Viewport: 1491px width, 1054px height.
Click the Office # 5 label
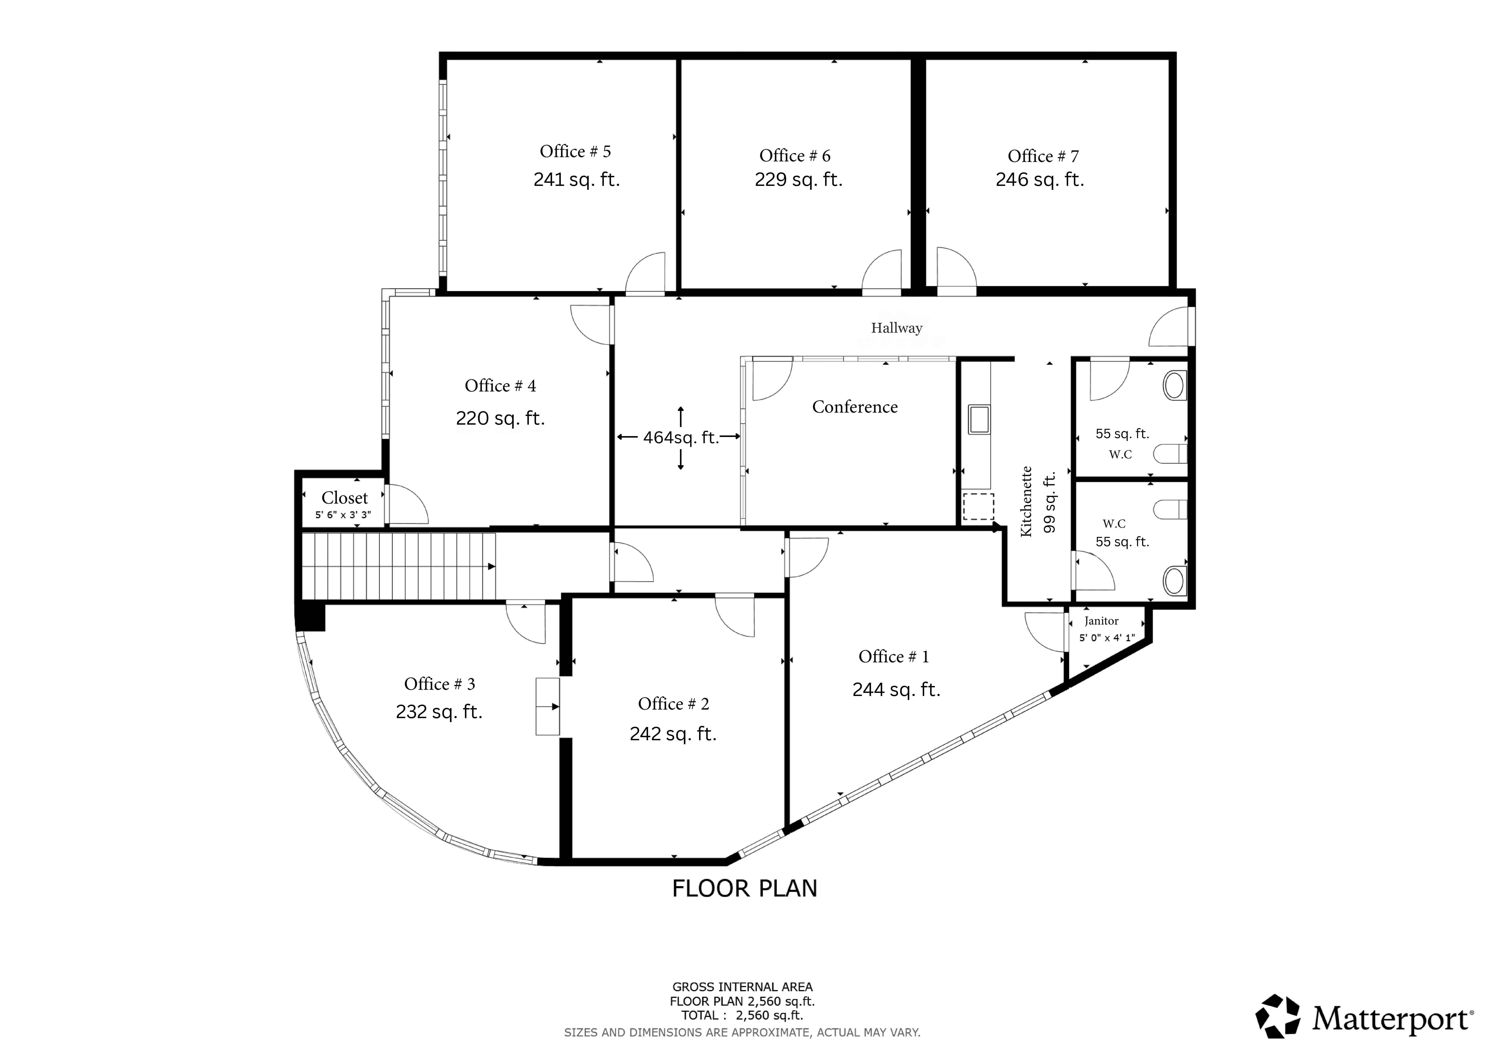pos(575,151)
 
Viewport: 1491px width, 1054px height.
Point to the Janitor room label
pos(1101,621)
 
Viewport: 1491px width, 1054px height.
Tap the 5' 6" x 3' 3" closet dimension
pos(343,515)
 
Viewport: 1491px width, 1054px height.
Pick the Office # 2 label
pos(674,704)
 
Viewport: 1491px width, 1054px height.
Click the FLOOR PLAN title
pos(744,888)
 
